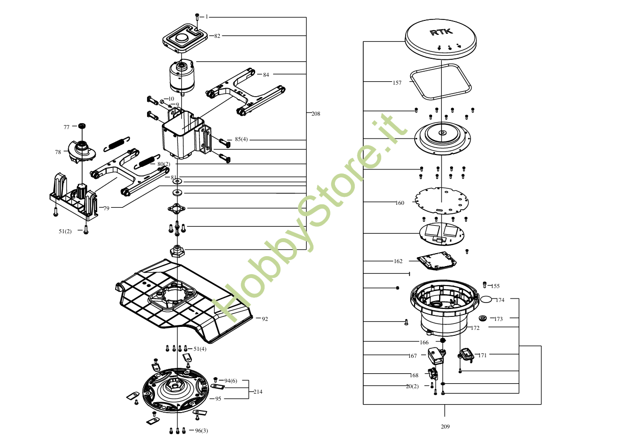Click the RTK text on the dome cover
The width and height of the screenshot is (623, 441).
click(x=441, y=32)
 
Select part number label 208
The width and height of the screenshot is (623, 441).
click(x=315, y=114)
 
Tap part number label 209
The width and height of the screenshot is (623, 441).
click(x=445, y=427)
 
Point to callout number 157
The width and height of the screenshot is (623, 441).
click(x=397, y=83)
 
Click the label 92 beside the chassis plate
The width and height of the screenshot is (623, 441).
click(x=265, y=319)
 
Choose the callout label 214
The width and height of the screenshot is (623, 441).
click(x=257, y=392)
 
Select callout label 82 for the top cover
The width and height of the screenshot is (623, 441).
click(x=217, y=36)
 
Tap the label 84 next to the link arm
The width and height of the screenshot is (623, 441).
click(x=266, y=75)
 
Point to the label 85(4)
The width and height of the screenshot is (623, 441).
click(x=241, y=139)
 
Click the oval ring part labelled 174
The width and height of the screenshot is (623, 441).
click(x=486, y=299)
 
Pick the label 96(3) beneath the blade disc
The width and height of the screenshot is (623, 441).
click(x=201, y=431)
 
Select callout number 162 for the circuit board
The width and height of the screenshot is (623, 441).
click(x=398, y=261)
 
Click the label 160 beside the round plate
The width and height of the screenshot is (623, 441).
click(x=400, y=203)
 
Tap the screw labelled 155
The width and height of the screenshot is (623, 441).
click(x=485, y=285)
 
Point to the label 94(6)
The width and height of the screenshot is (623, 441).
click(x=230, y=381)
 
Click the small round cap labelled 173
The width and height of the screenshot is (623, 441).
click(x=482, y=318)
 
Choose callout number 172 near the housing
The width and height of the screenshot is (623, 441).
click(x=475, y=328)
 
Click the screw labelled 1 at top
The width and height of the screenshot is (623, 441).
click(x=197, y=16)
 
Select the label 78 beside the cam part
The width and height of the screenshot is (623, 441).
click(x=58, y=152)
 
